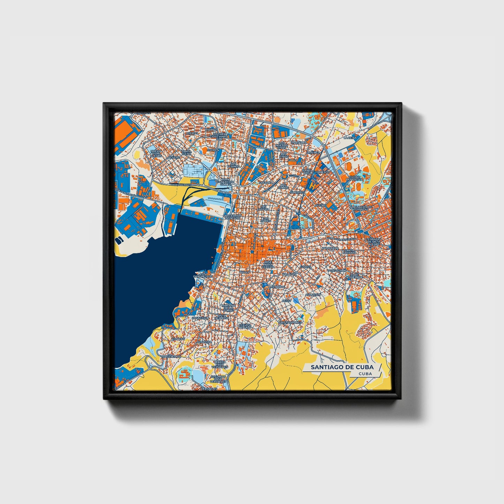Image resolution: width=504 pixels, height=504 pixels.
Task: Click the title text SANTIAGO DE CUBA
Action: (342, 367)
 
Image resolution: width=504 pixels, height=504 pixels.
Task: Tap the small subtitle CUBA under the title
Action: (365, 374)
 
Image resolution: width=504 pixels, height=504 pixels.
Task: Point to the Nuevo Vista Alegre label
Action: (156, 153)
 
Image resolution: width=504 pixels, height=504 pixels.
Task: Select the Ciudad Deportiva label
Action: (354, 178)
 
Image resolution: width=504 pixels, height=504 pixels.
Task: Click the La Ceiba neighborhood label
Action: (350, 138)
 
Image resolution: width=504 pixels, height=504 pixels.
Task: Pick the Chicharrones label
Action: (290, 323)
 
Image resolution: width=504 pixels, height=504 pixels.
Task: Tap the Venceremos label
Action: (171, 357)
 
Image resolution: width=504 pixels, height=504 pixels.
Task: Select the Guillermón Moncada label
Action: (232, 217)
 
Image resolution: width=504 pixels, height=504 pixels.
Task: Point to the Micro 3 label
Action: (192, 133)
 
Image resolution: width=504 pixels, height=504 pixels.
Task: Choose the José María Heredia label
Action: (268, 265)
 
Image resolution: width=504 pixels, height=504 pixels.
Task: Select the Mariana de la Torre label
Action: (229, 307)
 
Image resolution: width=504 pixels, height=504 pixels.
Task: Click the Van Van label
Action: (178, 339)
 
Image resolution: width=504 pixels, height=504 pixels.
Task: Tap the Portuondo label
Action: (337, 270)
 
